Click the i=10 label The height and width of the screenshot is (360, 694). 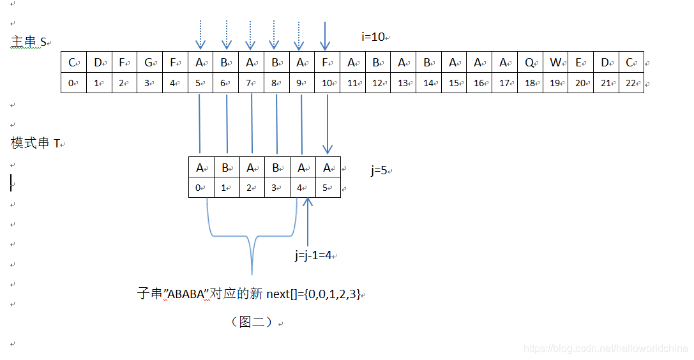coord(373,37)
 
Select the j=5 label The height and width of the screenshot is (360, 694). coord(380,170)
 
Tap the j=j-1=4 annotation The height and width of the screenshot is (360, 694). coord(313,255)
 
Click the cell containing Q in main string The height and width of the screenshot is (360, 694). coord(530,63)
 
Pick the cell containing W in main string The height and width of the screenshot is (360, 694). coord(555,63)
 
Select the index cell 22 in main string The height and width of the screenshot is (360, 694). coord(631,83)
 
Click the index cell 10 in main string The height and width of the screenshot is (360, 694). coord(327,83)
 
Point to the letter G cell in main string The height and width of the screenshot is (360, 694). coord(149,63)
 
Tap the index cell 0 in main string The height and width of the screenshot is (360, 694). coord(73,83)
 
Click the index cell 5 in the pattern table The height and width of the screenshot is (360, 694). coord(328,188)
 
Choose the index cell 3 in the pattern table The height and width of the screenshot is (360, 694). coord(277,188)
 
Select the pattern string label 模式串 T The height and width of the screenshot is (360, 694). coord(36,143)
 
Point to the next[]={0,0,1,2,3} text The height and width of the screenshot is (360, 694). coord(313,294)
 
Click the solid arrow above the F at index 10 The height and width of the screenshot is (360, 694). coord(326,36)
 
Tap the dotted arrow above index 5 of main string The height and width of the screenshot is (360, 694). coord(200,36)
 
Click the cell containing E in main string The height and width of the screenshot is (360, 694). coord(580,63)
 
